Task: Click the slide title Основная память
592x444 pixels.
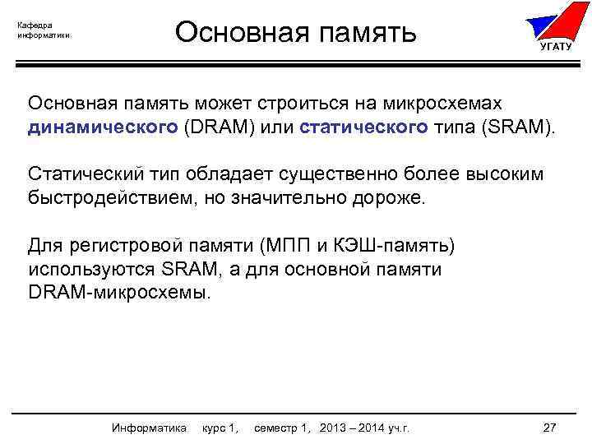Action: point(296,33)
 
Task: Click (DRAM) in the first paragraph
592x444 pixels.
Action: point(216,128)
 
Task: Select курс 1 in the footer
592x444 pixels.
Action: point(220,428)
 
